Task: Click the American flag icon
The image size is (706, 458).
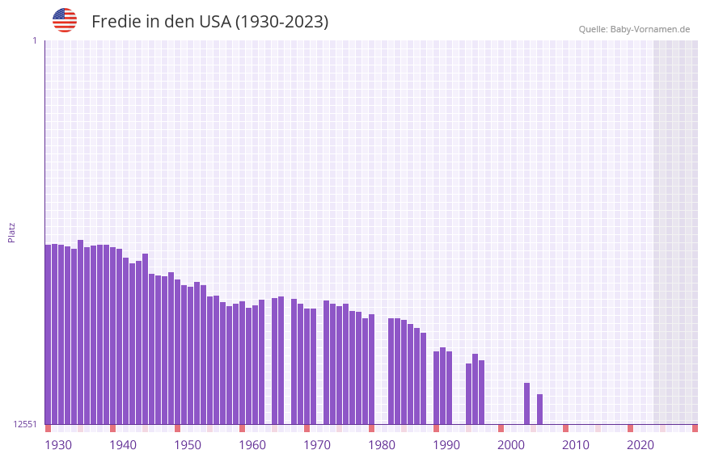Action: click(65, 20)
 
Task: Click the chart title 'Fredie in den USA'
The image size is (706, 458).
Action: click(209, 22)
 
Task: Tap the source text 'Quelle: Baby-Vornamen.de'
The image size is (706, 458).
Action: click(634, 29)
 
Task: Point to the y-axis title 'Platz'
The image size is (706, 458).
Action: click(11, 232)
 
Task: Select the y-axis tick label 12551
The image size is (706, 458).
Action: click(25, 424)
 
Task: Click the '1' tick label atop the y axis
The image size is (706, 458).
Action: click(34, 40)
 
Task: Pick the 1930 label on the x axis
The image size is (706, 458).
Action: click(58, 445)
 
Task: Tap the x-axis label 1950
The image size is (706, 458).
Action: click(188, 445)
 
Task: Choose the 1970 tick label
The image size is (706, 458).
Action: click(317, 445)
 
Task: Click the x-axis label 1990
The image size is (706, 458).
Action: click(446, 445)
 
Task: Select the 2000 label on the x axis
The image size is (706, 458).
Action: click(511, 445)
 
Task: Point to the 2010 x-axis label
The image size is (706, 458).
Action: click(576, 445)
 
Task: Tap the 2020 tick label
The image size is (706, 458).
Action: click(640, 445)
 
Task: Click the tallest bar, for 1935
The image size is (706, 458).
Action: click(80, 331)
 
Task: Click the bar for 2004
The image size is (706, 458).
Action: click(526, 403)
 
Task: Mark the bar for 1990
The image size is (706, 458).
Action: click(436, 388)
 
